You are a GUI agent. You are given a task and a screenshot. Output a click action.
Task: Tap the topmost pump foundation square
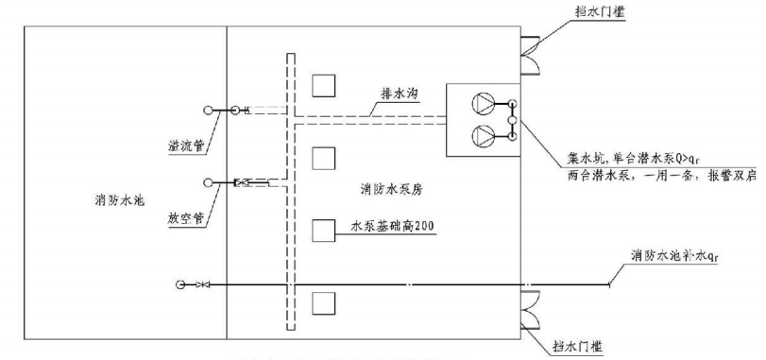[x=325, y=86]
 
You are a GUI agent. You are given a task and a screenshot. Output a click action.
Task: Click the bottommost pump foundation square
[x=324, y=302]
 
